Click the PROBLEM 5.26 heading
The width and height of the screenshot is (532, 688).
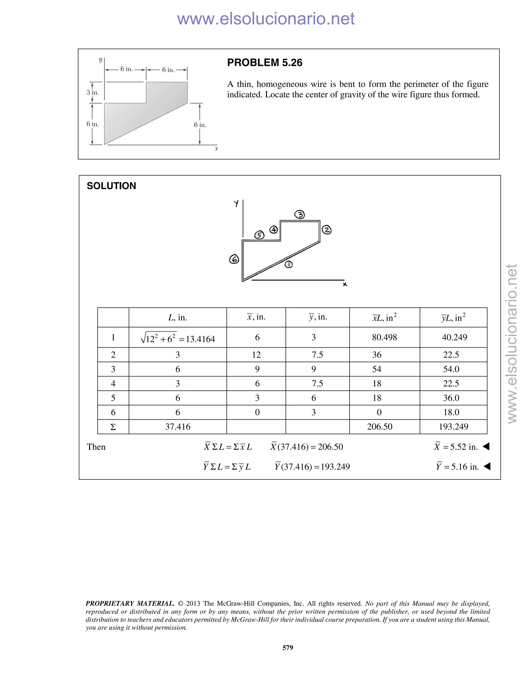264,63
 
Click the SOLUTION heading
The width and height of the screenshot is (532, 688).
111,186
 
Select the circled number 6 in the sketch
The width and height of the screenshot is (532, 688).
234,259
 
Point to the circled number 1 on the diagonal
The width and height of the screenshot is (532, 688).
288,265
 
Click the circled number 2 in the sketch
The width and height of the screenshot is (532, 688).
327,230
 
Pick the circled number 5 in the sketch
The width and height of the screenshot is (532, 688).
259,235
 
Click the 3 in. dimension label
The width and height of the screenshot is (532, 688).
93,92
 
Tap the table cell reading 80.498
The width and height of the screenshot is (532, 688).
384,338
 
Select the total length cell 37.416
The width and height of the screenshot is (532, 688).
178,427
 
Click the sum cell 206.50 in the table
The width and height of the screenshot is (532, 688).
380,427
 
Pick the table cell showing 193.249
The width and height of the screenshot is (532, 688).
453,427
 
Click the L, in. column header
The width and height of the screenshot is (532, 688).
178,318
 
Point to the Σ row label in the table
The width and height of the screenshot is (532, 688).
113,427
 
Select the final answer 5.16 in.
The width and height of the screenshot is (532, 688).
457,467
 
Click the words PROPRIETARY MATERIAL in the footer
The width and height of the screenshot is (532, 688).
130,604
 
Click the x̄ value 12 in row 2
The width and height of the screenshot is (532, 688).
256,355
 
